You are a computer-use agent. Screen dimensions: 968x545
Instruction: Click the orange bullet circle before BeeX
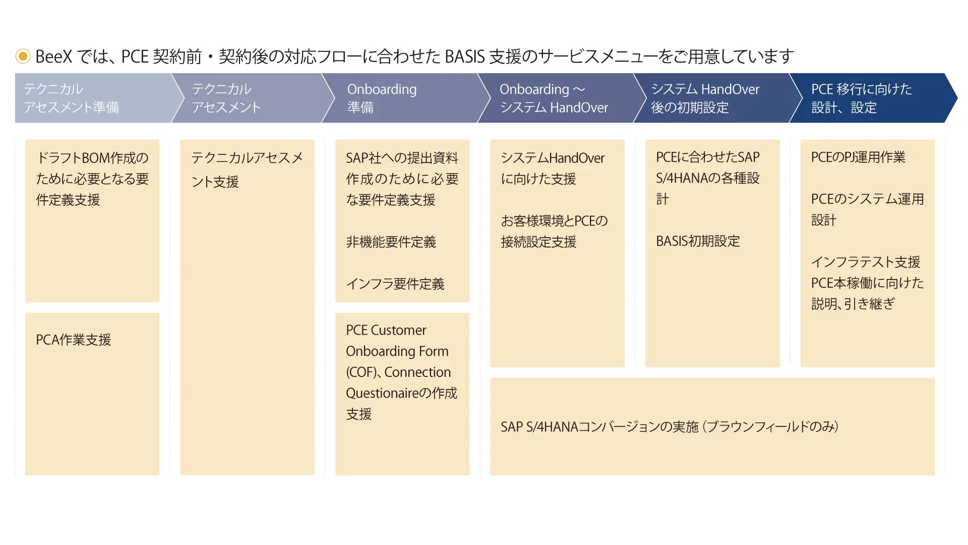(23, 56)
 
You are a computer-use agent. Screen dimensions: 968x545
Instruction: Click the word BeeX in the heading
(54, 57)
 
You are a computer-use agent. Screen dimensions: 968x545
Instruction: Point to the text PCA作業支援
(74, 340)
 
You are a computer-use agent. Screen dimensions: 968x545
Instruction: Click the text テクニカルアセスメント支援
(247, 170)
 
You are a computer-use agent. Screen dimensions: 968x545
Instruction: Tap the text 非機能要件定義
(391, 242)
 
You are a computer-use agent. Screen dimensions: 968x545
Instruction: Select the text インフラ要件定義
(395, 284)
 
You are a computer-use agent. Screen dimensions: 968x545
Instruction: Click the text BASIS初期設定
(698, 241)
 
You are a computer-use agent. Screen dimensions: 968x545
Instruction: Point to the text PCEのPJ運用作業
(858, 157)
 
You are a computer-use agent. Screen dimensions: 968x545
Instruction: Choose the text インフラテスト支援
(866, 262)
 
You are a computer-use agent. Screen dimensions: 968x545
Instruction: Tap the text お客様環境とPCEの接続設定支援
(555, 231)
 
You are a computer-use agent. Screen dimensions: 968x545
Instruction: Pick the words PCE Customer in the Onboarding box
(386, 330)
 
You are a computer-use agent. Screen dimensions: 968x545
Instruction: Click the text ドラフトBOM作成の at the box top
(92, 158)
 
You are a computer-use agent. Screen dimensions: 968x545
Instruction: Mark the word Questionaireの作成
(401, 393)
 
